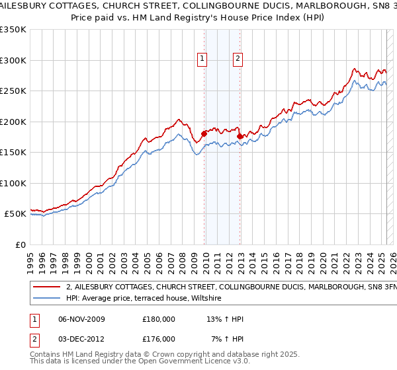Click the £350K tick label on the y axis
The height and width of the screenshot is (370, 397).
click(13, 30)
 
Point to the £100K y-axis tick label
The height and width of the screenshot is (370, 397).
click(13, 183)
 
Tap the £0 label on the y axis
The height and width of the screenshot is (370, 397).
click(21, 244)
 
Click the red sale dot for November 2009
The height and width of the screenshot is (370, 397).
click(204, 134)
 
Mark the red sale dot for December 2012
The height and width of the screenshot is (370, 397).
click(240, 137)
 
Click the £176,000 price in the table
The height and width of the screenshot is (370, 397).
click(159, 339)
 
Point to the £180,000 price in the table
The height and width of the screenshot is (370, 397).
click(159, 319)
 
